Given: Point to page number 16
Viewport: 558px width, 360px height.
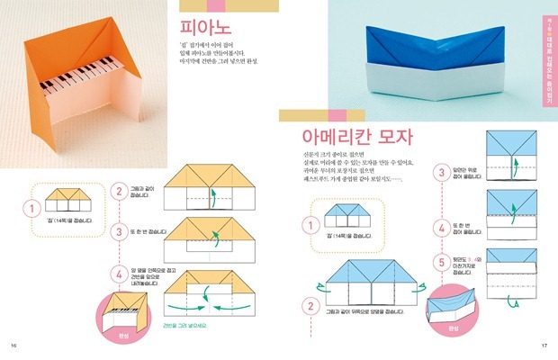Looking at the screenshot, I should [13, 346].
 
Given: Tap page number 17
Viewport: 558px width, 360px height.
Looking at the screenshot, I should [544, 346].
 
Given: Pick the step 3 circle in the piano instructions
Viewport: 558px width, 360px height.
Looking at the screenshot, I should [119, 231].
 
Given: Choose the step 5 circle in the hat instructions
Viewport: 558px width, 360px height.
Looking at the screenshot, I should [442, 263].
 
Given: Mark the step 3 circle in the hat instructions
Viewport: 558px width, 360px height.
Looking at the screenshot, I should [442, 172].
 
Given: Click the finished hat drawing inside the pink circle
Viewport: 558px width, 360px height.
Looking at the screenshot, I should [452, 302].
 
